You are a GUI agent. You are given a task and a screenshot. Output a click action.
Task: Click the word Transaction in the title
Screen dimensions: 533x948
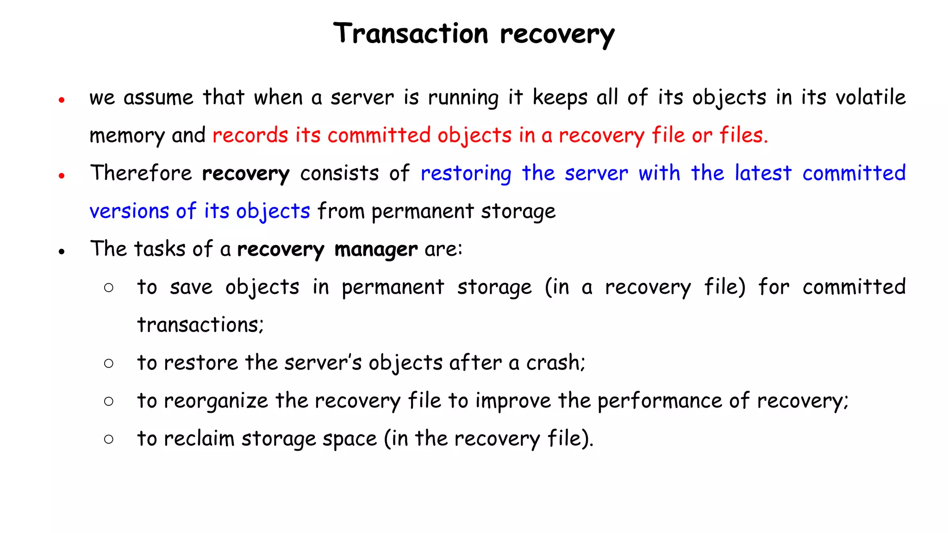coord(411,34)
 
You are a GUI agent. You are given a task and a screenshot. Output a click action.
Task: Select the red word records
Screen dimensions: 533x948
coord(250,136)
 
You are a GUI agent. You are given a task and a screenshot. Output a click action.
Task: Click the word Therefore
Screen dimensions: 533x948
coord(141,174)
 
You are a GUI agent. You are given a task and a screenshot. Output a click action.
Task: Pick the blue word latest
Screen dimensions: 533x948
coord(763,174)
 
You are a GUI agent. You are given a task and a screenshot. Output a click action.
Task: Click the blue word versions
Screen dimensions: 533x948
coord(129,211)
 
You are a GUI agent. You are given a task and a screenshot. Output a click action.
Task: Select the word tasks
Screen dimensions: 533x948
coord(160,249)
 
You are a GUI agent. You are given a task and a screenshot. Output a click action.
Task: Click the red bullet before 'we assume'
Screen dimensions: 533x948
coord(62,99)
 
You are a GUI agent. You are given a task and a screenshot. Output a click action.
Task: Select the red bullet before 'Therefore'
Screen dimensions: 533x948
coord(62,175)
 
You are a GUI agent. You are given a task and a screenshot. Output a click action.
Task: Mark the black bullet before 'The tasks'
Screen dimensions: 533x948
coord(62,251)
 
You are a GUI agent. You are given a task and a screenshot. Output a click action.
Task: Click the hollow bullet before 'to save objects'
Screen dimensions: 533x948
coord(109,288)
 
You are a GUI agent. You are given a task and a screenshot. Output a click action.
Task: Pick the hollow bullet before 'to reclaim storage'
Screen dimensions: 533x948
coord(109,439)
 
